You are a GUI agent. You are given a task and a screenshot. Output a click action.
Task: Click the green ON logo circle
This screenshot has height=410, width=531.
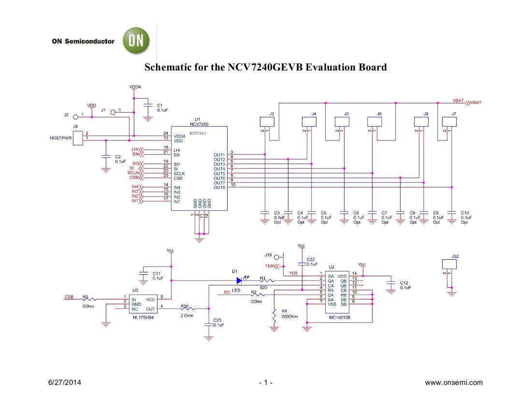pyautogui.click(x=136, y=41)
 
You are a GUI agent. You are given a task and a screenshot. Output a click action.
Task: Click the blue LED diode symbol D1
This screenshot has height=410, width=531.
pyautogui.click(x=239, y=280)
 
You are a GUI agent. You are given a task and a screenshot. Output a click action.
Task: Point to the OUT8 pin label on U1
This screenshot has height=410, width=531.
pyautogui.click(x=219, y=187)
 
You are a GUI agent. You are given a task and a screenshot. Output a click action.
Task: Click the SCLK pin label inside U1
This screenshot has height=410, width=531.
pyautogui.click(x=179, y=173)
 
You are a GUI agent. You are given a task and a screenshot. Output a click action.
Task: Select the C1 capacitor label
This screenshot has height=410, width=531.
pyautogui.click(x=160, y=105)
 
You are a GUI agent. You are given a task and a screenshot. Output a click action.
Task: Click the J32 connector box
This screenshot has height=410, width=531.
pyautogui.click(x=449, y=264)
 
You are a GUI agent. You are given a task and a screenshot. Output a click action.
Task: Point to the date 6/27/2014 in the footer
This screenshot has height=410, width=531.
pyautogui.click(x=65, y=382)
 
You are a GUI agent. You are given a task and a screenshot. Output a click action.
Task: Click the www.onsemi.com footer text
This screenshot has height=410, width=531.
pyautogui.click(x=453, y=382)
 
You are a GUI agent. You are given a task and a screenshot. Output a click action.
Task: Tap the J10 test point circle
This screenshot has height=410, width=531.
pyautogui.click(x=276, y=257)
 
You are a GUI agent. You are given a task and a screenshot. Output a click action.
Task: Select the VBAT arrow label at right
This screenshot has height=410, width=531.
pyautogui.click(x=475, y=102)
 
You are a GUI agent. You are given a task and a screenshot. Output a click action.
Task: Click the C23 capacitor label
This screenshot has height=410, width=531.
pyautogui.click(x=217, y=320)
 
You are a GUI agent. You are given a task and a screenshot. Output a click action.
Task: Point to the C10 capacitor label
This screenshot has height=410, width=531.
pyautogui.click(x=465, y=212)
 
